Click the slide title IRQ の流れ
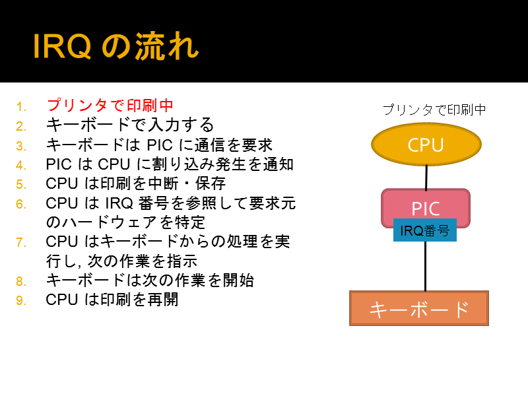click(116, 46)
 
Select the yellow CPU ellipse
click(426, 144)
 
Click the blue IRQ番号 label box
click(425, 230)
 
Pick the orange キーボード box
click(419, 308)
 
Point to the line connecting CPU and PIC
click(426, 177)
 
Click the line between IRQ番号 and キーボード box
click(425, 266)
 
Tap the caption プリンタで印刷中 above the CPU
click(434, 110)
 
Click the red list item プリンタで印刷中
click(110, 105)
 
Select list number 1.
click(21, 107)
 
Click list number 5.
click(21, 185)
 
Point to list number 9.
click(21, 300)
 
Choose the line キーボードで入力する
click(130, 125)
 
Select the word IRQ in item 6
click(119, 203)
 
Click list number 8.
click(21, 281)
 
